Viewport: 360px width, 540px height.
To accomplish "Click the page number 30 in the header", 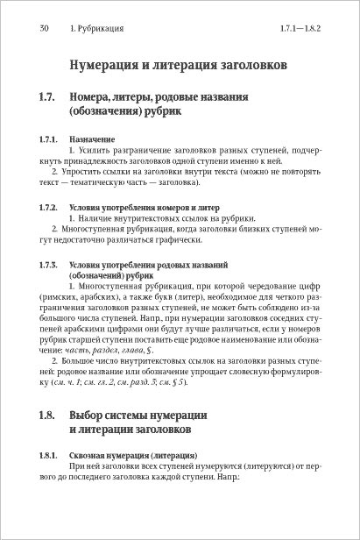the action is (44, 30).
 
